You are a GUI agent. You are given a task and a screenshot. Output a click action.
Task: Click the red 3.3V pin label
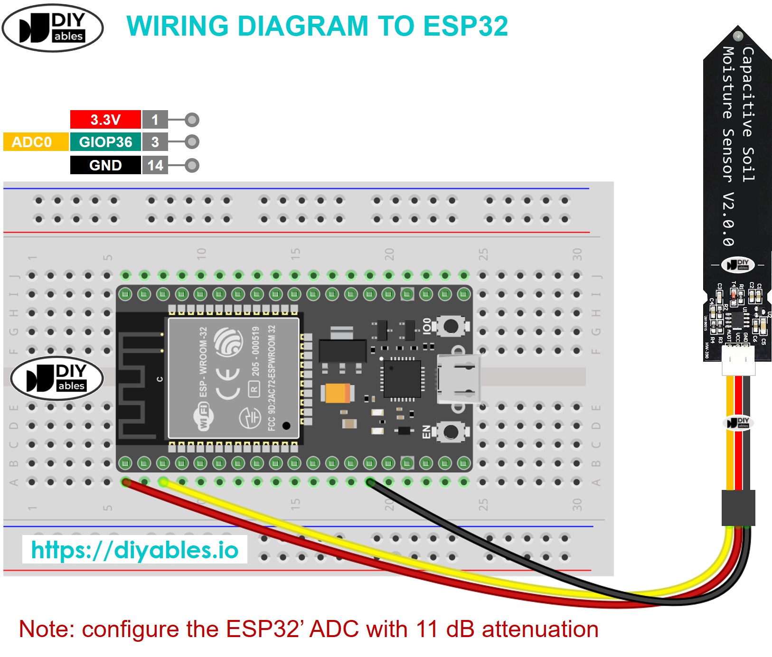105,120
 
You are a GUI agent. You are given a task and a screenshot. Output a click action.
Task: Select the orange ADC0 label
32,142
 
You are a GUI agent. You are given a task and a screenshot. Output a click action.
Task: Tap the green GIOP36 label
105,142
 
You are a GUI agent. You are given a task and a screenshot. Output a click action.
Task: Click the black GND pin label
105,165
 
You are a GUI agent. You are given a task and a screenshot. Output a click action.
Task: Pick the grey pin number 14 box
155,165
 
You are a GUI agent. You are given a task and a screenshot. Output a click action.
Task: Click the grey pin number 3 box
155,142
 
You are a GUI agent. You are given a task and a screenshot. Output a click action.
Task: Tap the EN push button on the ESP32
450,432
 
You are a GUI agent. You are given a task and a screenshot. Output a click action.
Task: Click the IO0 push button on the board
450,326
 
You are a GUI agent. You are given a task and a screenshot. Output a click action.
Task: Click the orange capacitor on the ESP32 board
338,393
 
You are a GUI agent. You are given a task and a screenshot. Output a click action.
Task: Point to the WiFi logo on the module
203,416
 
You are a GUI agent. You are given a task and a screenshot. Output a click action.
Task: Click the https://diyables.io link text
135,550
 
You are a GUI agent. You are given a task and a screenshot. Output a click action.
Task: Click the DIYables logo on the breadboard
57,378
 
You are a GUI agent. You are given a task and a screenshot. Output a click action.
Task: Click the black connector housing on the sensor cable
738,508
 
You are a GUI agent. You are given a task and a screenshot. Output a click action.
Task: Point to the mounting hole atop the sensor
738,36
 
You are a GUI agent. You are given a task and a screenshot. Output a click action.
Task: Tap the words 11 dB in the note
444,629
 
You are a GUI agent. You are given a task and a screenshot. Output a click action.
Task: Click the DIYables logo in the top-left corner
53,28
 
